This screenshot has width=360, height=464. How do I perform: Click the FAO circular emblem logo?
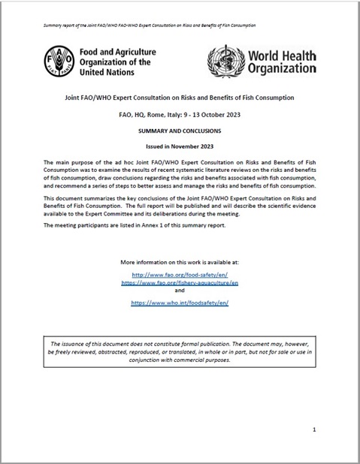[58, 59]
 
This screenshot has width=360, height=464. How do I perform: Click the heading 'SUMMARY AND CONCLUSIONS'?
[179, 129]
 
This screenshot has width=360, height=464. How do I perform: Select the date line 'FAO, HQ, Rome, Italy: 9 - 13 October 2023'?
[179, 113]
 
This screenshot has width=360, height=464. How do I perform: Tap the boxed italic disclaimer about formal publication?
[179, 351]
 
